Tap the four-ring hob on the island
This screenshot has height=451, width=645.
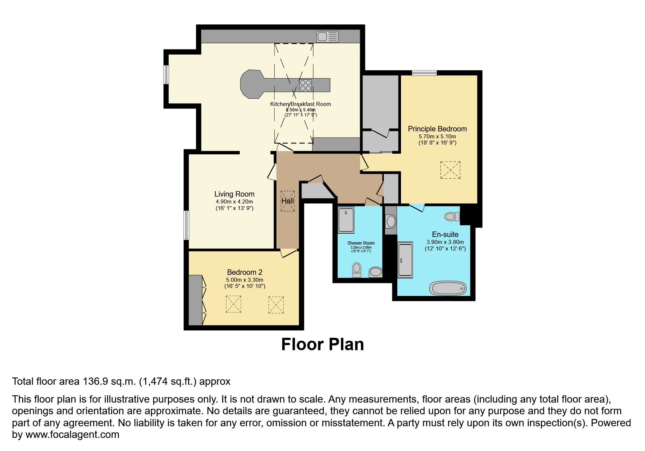click(305, 86)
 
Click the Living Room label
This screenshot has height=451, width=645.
click(234, 194)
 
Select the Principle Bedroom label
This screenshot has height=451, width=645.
click(437, 129)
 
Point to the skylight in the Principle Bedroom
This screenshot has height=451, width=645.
click(450, 170)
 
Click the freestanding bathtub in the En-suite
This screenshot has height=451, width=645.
click(448, 289)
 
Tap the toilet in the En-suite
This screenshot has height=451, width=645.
click(452, 217)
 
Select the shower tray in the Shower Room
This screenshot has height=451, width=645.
click(346, 220)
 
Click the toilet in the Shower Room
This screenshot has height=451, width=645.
click(357, 270)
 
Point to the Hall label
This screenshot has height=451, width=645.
click(287, 201)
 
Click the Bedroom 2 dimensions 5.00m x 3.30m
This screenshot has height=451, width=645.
click(244, 280)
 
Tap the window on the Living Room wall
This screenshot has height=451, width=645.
click(186, 225)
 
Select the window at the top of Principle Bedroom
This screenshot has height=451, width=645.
click(424, 73)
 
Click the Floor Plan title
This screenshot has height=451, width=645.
click(322, 344)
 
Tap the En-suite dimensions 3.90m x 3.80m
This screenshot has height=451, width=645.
click(445, 242)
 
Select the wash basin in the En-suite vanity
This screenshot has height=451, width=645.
click(391, 221)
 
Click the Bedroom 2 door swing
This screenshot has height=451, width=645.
click(288, 253)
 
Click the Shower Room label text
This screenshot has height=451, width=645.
click(361, 243)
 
